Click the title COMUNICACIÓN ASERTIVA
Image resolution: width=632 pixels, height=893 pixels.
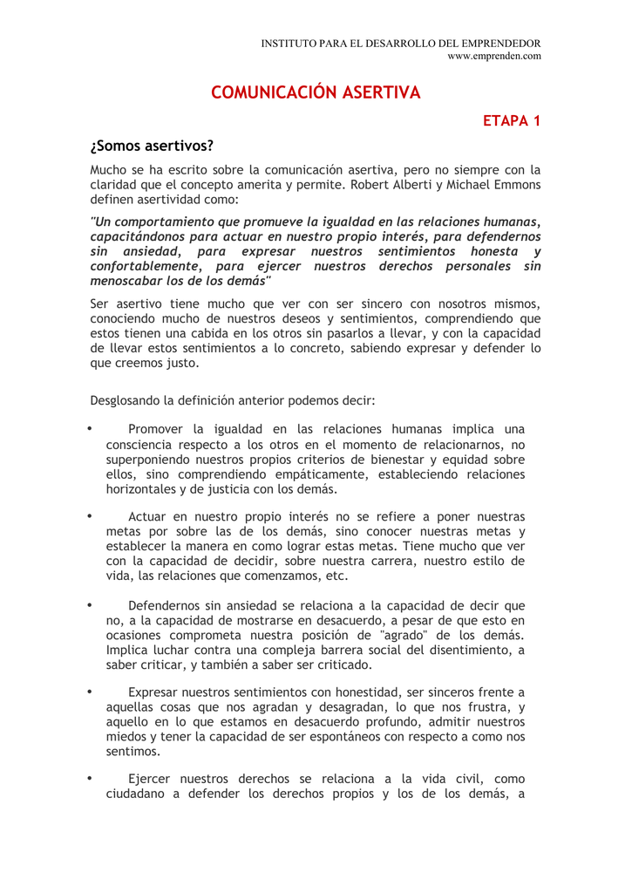pos(316,92)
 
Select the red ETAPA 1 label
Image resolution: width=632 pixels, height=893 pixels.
pos(512,120)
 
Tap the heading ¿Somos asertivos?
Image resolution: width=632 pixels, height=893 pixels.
pos(152,145)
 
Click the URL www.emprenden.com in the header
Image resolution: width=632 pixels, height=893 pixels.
pos(493,56)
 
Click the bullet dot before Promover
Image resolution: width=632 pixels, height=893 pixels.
pos(89,428)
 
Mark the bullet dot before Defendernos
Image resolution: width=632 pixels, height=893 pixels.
pos(89,604)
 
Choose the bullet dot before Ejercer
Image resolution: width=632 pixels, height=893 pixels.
pos(89,778)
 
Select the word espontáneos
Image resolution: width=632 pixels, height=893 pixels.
pos(343,737)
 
